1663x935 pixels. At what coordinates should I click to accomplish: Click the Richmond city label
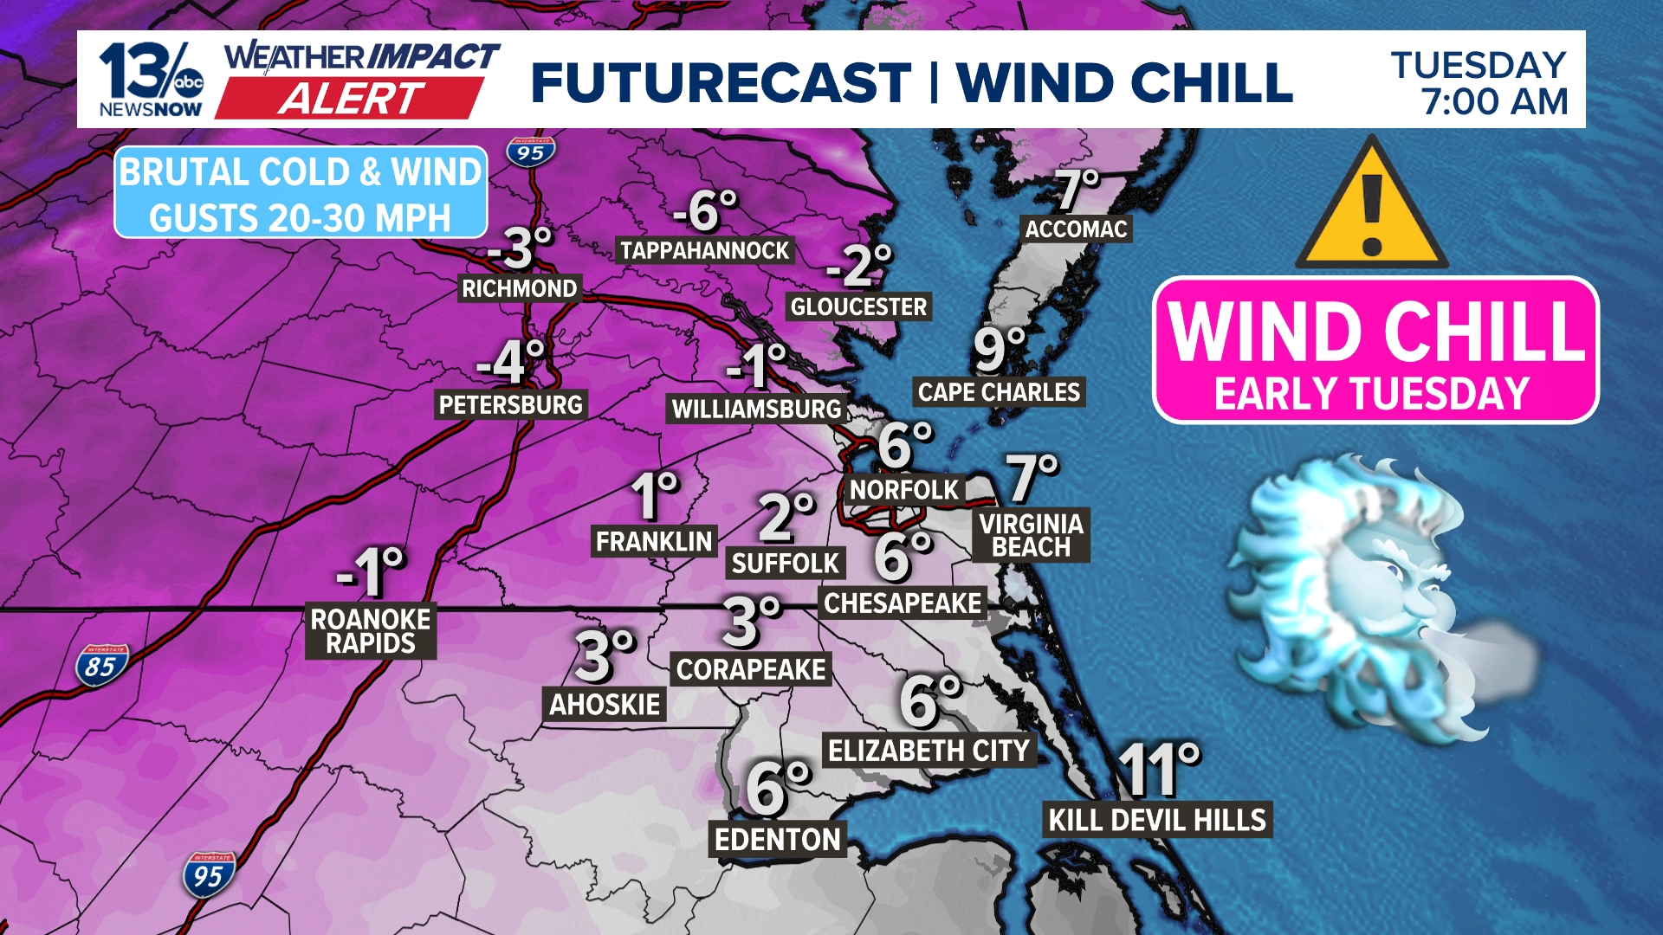point(519,288)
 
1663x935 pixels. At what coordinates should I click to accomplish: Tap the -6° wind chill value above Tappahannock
point(705,210)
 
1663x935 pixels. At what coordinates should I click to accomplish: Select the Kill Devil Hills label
point(1157,819)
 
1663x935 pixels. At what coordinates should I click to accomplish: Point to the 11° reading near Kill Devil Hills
point(1159,769)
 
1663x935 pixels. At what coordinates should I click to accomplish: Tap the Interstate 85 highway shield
point(100,666)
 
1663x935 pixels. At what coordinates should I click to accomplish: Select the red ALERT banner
point(350,99)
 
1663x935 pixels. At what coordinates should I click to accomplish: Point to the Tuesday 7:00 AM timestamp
point(1479,83)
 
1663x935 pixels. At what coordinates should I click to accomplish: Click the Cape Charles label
point(999,392)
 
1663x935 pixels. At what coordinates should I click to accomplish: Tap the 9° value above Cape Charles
point(999,349)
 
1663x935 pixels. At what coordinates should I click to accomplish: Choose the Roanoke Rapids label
point(370,631)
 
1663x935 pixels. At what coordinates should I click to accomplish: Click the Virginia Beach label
point(1031,535)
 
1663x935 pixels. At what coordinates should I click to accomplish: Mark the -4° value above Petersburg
point(511,361)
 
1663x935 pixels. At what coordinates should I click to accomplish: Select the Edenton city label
point(777,839)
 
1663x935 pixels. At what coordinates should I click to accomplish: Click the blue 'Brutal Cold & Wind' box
point(301,193)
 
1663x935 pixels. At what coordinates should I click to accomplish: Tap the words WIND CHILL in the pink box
point(1375,331)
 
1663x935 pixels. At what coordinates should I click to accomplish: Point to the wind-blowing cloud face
point(1369,597)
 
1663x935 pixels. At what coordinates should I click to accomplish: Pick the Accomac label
point(1076,229)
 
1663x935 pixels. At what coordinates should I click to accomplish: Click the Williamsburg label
point(756,409)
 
